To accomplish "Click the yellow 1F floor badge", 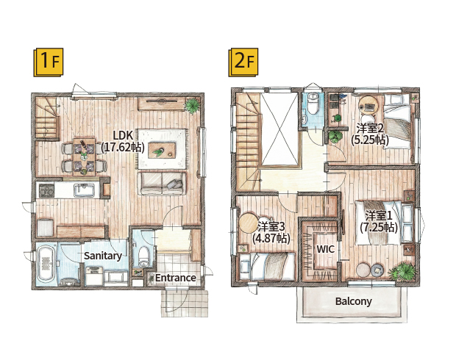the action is pos(49,62).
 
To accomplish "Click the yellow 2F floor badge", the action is pos(243,62).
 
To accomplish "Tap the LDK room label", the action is pos(123,141).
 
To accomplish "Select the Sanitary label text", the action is pos(103,256).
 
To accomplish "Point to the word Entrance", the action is pos(175,278).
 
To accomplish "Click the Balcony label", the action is pos(353,301).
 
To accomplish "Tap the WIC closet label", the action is pos(325,249).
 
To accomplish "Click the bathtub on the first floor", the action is pos(45,264).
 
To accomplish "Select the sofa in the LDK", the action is pos(162,184).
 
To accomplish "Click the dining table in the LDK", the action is pos(84,157).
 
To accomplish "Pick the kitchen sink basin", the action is pos(84,190).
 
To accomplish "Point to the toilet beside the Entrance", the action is pos(143,256).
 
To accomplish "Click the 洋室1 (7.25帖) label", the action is pos(379,221).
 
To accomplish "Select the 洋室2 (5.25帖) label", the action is pos(370,134).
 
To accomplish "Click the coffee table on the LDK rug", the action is pos(162,150).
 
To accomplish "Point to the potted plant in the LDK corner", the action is pos(192,106).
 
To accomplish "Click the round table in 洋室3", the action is pos(249,223).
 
